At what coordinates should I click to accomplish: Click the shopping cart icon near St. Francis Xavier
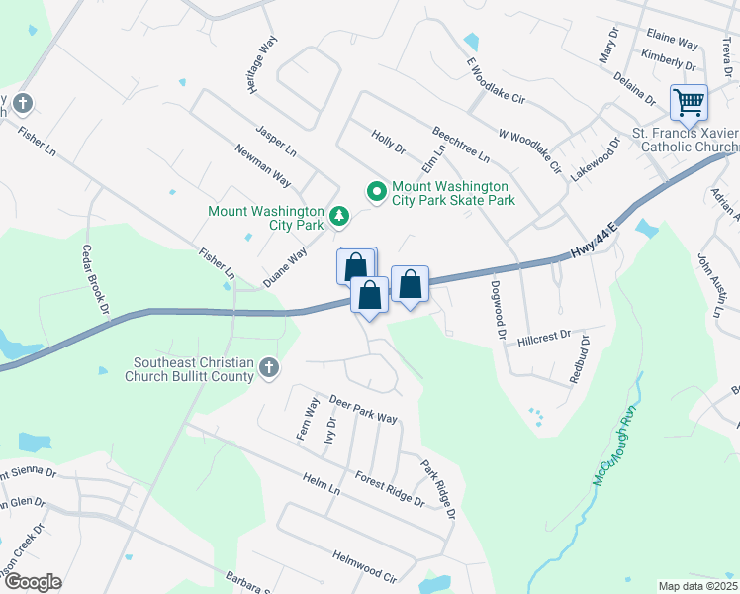coord(688,101)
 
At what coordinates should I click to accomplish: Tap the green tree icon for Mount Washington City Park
coord(339,215)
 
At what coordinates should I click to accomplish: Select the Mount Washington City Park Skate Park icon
coord(376,190)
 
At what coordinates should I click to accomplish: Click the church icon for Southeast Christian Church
coord(267,369)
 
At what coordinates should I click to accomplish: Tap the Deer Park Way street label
coord(363,410)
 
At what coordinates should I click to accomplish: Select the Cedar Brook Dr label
coord(95,279)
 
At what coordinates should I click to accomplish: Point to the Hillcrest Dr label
coord(544,338)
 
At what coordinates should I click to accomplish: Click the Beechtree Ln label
coord(460,145)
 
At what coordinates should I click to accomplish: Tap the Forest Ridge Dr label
coord(390,488)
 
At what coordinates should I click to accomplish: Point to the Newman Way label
coord(262,165)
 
